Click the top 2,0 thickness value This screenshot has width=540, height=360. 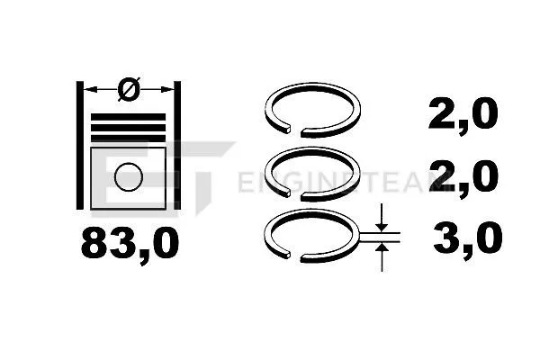point(461,115)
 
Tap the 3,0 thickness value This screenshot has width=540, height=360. point(463,240)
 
